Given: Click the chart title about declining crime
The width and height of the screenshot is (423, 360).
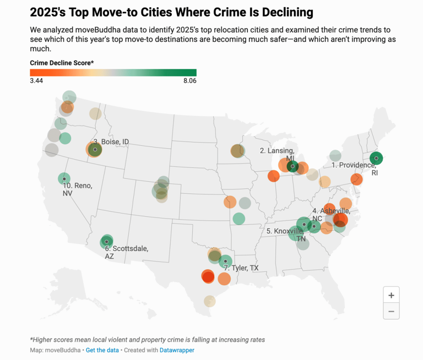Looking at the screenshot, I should (171, 12).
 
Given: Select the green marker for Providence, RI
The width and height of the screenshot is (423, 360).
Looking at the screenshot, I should (376, 159).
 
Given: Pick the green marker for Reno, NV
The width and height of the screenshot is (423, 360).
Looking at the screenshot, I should (64, 179).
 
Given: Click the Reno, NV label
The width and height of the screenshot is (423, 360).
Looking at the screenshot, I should (77, 189).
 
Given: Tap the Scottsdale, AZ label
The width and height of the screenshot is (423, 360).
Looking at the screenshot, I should (126, 252).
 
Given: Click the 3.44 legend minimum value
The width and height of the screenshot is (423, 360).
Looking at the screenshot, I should (36, 80).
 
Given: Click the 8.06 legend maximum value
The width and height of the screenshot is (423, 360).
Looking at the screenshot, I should (189, 80).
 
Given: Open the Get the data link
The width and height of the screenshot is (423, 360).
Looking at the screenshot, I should (102, 350).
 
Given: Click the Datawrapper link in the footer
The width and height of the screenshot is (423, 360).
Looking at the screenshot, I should (177, 350).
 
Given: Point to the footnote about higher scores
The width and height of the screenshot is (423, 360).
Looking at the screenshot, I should (148, 339).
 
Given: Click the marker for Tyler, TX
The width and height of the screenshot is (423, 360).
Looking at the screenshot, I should (225, 261).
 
